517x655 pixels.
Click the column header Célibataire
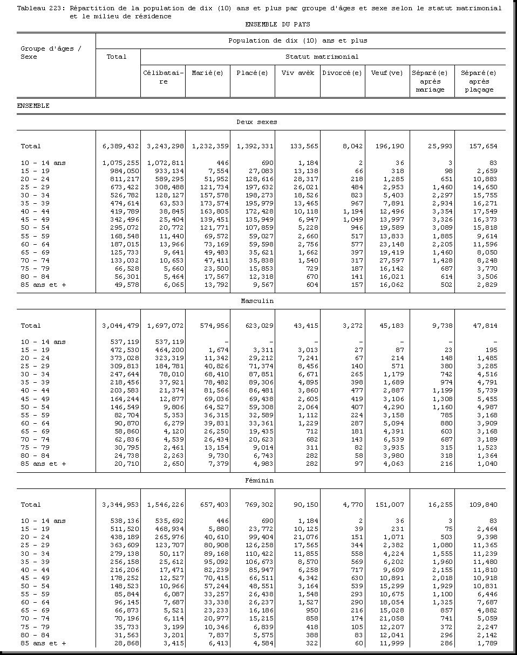pyautogui.click(x=163, y=77)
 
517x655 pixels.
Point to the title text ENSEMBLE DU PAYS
pyautogui.click(x=277, y=25)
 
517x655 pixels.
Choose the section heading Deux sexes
pyautogui.click(x=257, y=122)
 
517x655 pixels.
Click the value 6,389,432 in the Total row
pyautogui.click(x=120, y=146)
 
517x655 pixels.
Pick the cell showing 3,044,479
pyautogui.click(x=120, y=326)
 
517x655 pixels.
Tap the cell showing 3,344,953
pyautogui.click(x=120, y=505)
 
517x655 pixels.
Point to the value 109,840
pyautogui.click(x=482, y=505)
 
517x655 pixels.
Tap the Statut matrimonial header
pyautogui.click(x=322, y=57)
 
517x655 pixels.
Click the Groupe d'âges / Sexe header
pyautogui.click(x=51, y=53)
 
